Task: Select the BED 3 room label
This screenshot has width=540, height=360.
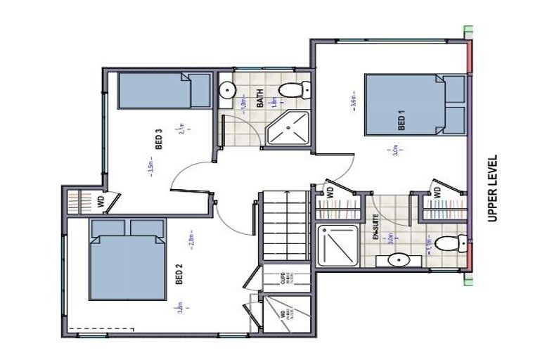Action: pos(159,139)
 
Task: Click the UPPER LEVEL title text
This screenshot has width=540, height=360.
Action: pos(492,188)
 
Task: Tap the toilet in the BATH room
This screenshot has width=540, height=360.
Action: pos(295,90)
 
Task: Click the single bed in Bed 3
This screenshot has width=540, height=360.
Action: pos(163,92)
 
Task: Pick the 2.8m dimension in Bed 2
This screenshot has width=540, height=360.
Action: pos(192,240)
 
